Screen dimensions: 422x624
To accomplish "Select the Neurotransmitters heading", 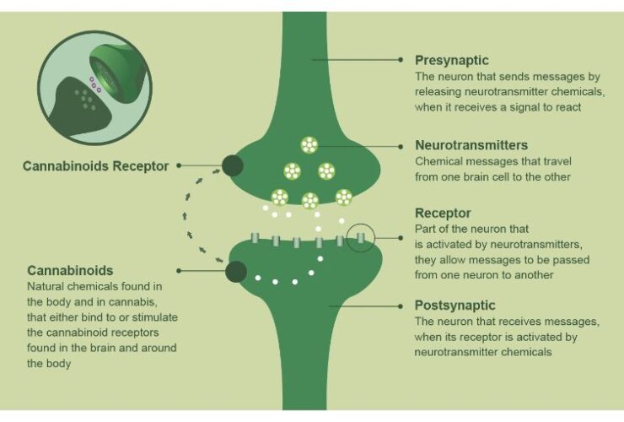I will (471, 145).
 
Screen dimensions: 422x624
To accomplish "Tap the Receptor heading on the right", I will (443, 213).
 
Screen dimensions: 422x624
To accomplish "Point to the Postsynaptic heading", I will (455, 306).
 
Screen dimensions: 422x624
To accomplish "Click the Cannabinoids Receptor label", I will (95, 165).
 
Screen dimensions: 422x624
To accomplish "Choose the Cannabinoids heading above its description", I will (70, 271).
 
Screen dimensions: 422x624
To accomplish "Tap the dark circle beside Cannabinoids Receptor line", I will (234, 166).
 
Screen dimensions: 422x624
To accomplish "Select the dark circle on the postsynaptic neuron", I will (236, 271).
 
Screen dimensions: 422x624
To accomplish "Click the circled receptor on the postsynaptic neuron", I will (359, 240).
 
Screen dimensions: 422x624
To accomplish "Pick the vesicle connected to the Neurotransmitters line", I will (309, 146).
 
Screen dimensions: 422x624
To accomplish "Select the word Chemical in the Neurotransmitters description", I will (439, 161).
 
